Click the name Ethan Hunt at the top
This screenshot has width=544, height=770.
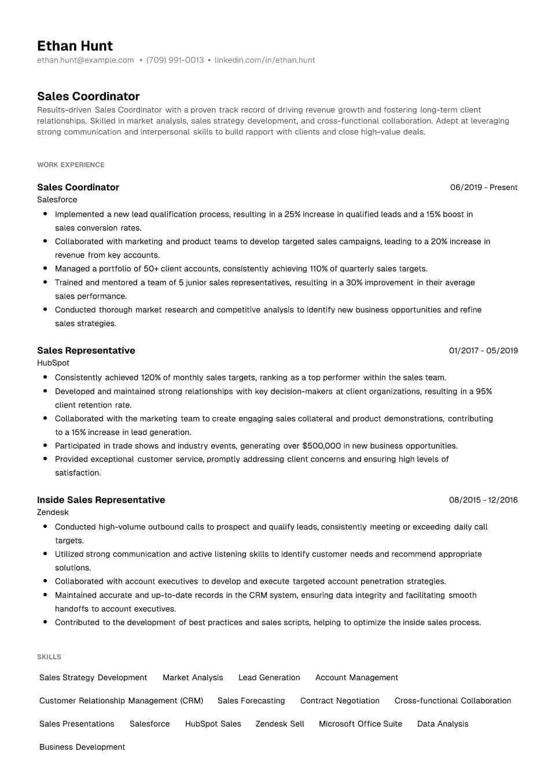75,46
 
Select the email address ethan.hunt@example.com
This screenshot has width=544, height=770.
85,60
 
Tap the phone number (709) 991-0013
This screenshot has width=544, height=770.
175,60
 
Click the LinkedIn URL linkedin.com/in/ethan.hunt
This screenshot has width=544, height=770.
264,60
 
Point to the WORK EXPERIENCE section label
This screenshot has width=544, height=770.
71,165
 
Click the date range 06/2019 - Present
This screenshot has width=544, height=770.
483,188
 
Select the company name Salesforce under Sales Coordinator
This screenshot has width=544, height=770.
57,200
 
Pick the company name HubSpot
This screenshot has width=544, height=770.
53,363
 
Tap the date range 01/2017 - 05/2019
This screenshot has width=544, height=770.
483,351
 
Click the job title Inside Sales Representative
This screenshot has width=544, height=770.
101,500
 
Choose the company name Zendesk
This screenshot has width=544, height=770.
53,512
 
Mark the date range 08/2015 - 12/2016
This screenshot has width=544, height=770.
483,500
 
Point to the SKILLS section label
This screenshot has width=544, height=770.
49,657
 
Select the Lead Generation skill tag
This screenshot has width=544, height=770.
269,677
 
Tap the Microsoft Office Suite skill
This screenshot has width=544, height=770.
360,724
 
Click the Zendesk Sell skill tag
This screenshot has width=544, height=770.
280,724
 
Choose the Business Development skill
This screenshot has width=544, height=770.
82,747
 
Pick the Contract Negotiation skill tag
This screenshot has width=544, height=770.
340,701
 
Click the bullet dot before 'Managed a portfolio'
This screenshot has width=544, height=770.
45,268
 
